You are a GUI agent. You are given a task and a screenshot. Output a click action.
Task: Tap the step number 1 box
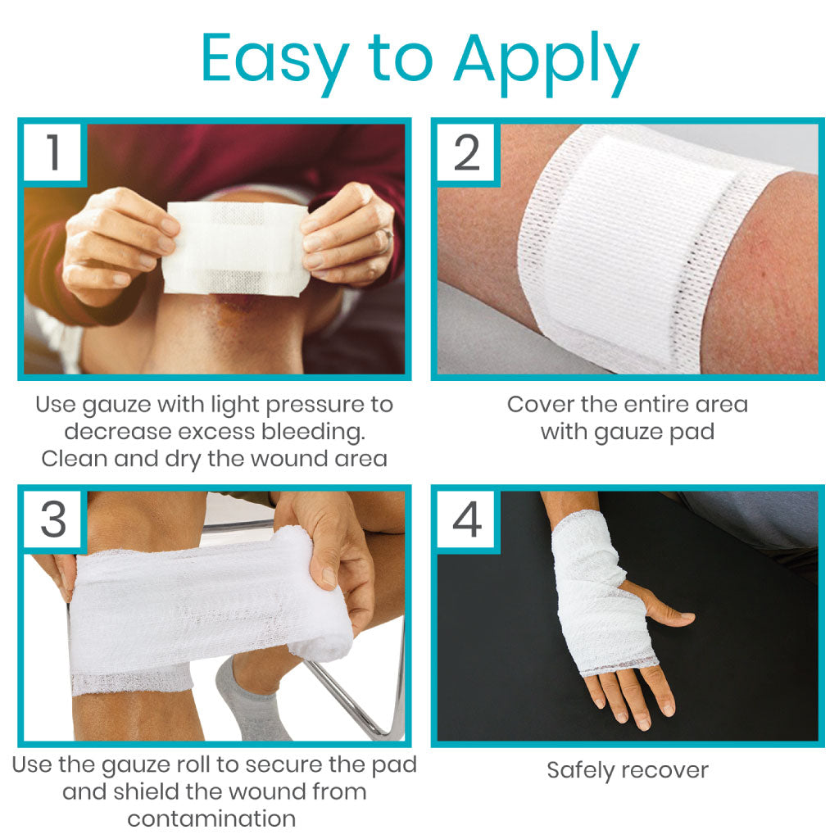coord(52,152)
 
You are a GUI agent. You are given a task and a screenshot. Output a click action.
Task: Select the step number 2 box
coord(466,152)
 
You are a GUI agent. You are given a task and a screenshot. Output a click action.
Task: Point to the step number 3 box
coord(52,519)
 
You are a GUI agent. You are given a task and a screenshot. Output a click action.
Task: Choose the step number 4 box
coord(466,519)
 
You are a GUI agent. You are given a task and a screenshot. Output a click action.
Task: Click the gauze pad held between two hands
coord(235,248)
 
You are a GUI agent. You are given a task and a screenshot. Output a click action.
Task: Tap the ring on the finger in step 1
coord(389,234)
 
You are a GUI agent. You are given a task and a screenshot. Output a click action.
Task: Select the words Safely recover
coord(628,771)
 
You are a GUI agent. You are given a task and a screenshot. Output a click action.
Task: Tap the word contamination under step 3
coord(211,819)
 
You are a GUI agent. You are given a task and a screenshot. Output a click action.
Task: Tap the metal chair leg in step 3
coord(353,696)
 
